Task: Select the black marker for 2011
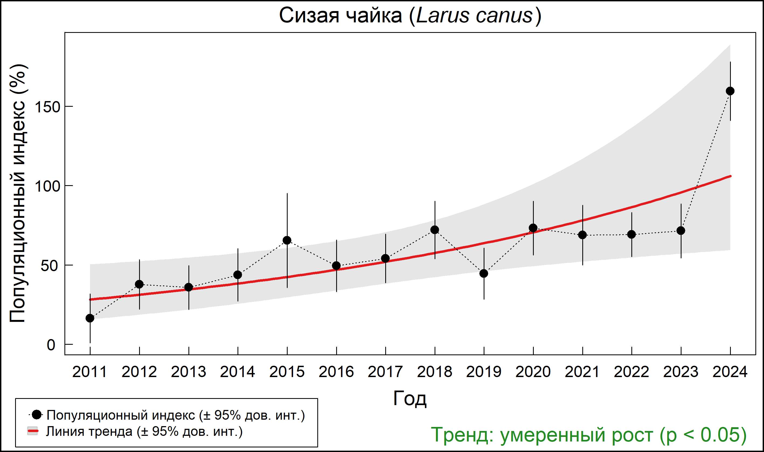[90, 318]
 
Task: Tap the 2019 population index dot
[484, 274]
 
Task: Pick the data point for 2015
[287, 240]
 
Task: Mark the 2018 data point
[435, 230]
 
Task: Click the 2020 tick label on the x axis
[533, 372]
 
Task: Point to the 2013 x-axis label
[188, 372]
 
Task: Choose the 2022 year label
[631, 372]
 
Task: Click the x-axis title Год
[410, 398]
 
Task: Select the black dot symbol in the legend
[37, 415]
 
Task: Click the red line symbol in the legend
[33, 431]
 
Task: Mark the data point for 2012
[139, 284]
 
